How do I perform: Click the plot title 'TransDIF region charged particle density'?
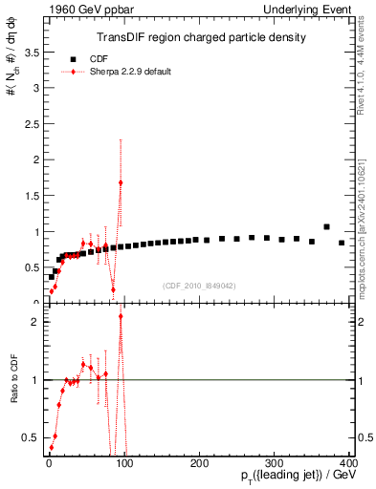(201, 38)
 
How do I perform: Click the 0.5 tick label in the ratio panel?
(31, 437)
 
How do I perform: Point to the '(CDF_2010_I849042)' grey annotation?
(200, 286)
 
